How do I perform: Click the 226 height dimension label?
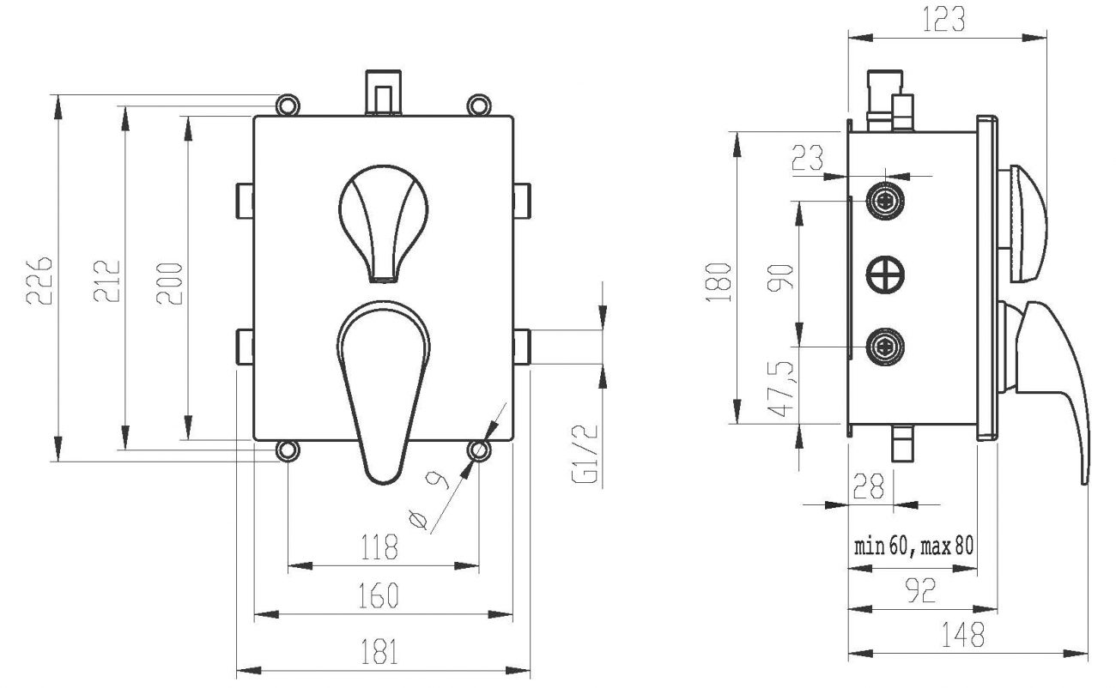point(39,280)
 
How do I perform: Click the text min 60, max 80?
point(913,546)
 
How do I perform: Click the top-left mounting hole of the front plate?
point(288,105)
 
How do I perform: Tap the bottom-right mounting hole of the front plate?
point(478,450)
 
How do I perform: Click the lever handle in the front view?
point(384,386)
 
